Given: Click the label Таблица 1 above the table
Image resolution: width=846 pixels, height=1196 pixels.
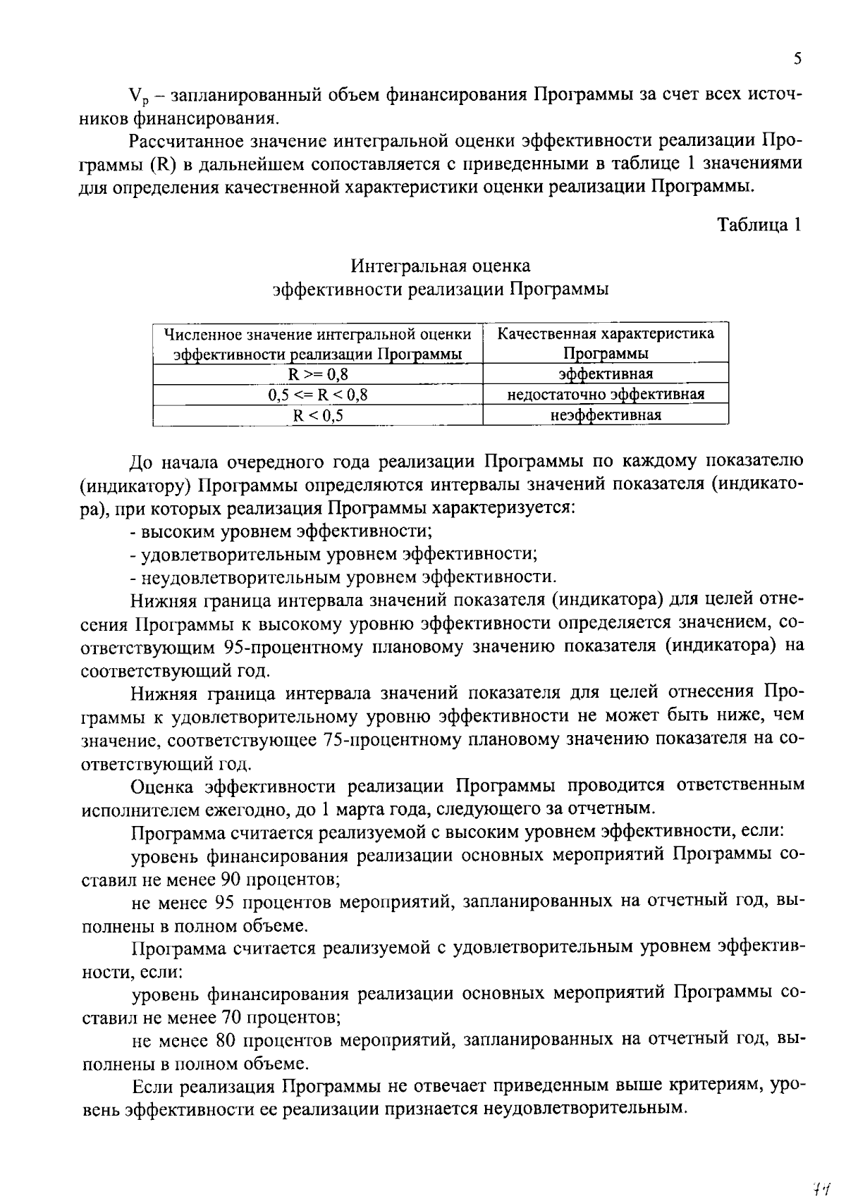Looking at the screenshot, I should [759, 225].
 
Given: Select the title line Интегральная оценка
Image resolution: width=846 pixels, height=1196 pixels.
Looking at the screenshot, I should [441, 266].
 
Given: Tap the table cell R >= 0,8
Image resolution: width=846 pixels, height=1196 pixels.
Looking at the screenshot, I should [317, 374].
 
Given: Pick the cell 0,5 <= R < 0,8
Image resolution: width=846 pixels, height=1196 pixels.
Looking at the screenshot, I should [317, 395].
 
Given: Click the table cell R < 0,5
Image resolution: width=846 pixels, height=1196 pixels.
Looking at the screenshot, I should [317, 415].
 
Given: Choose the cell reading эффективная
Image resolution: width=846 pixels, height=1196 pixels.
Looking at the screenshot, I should [606, 374].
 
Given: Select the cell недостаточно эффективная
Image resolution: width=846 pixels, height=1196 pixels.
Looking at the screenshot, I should [606, 395].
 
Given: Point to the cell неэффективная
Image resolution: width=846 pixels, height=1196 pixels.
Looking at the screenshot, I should [606, 415].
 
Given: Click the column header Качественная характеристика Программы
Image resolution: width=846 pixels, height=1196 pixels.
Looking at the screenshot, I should [606, 343].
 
